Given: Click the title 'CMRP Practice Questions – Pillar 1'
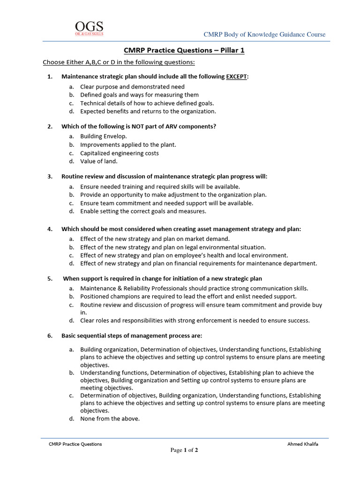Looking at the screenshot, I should (x=184, y=51).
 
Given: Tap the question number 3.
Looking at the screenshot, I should (x=50, y=177).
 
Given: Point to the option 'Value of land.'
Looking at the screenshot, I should (x=98, y=161).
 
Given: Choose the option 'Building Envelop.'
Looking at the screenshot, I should (x=103, y=136).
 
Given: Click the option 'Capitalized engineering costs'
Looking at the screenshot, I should (x=119, y=153).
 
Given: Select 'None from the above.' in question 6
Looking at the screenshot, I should (x=110, y=419).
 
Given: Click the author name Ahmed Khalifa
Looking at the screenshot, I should (x=302, y=444).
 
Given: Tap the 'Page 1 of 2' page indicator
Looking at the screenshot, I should (x=184, y=450).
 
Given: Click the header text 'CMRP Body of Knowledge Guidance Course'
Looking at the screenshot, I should (x=264, y=35).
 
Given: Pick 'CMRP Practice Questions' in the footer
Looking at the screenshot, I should (x=75, y=444).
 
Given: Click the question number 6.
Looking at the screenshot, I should (x=50, y=336).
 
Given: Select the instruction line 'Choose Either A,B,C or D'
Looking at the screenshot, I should (x=112, y=62).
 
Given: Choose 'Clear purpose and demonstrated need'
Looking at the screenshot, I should (x=132, y=87).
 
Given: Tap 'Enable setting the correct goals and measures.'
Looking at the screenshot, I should (x=143, y=211).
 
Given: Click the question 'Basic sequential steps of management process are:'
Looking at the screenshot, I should (x=131, y=336).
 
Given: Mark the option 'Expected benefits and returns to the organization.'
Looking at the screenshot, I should (x=148, y=112).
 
